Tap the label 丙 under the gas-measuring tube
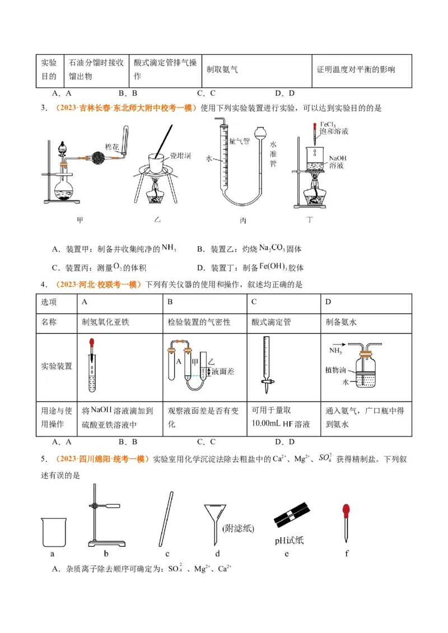(243, 220)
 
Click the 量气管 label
(239, 142)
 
